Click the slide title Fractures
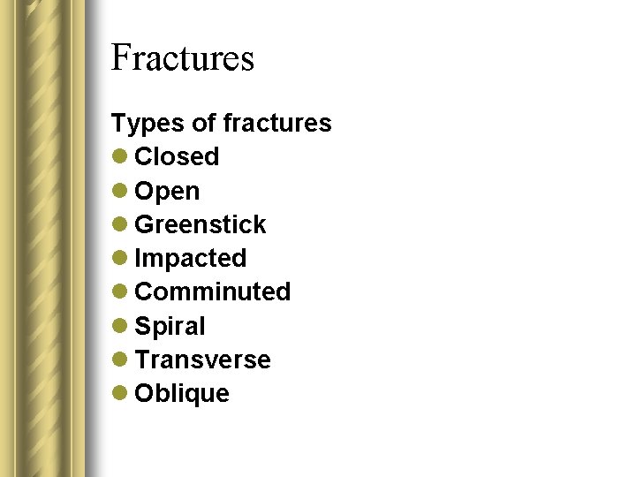tap(183, 58)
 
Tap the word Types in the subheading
tap(139, 124)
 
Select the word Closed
tap(177, 156)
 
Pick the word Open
tap(167, 192)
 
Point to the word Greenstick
tap(200, 224)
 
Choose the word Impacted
tap(190, 259)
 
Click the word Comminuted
tap(212, 291)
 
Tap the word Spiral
tap(170, 327)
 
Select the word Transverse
tap(202, 360)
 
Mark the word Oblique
tap(182, 394)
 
